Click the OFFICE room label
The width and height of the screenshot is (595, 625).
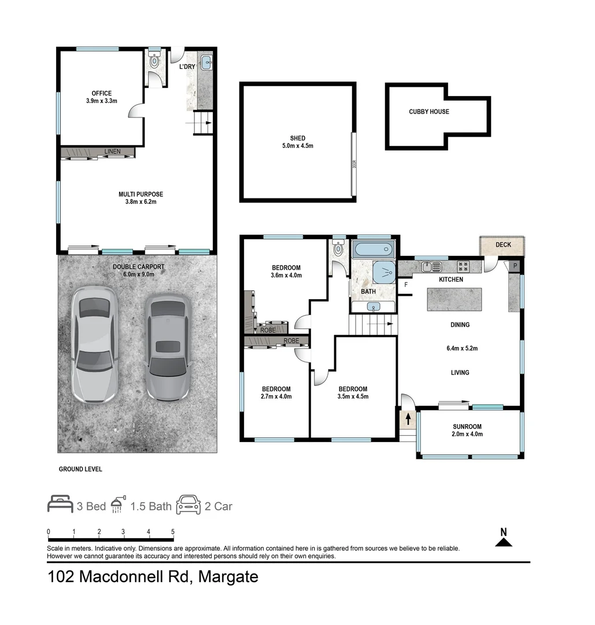pos(101,93)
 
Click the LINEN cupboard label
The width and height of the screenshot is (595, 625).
pos(113,152)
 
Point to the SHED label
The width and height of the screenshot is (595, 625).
pos(298,138)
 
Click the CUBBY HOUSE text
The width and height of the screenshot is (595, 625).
pos(428,112)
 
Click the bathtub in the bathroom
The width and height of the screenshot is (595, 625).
pos(374,251)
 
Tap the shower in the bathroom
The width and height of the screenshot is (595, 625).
pos(384,272)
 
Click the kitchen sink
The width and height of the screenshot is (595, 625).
pos(431,267)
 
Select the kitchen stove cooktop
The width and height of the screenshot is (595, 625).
pos(463,267)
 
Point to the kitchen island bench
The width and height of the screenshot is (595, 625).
pos(454,299)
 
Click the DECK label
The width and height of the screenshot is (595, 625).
pos(503,245)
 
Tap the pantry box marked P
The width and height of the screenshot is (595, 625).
pos(515,266)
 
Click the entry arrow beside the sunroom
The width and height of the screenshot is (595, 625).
pos(409,417)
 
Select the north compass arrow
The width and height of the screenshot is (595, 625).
pos(504,542)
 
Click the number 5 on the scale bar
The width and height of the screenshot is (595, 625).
pos(173,532)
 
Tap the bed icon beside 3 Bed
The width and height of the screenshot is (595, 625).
pos(60,505)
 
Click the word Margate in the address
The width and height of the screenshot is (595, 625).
pos(228,577)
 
